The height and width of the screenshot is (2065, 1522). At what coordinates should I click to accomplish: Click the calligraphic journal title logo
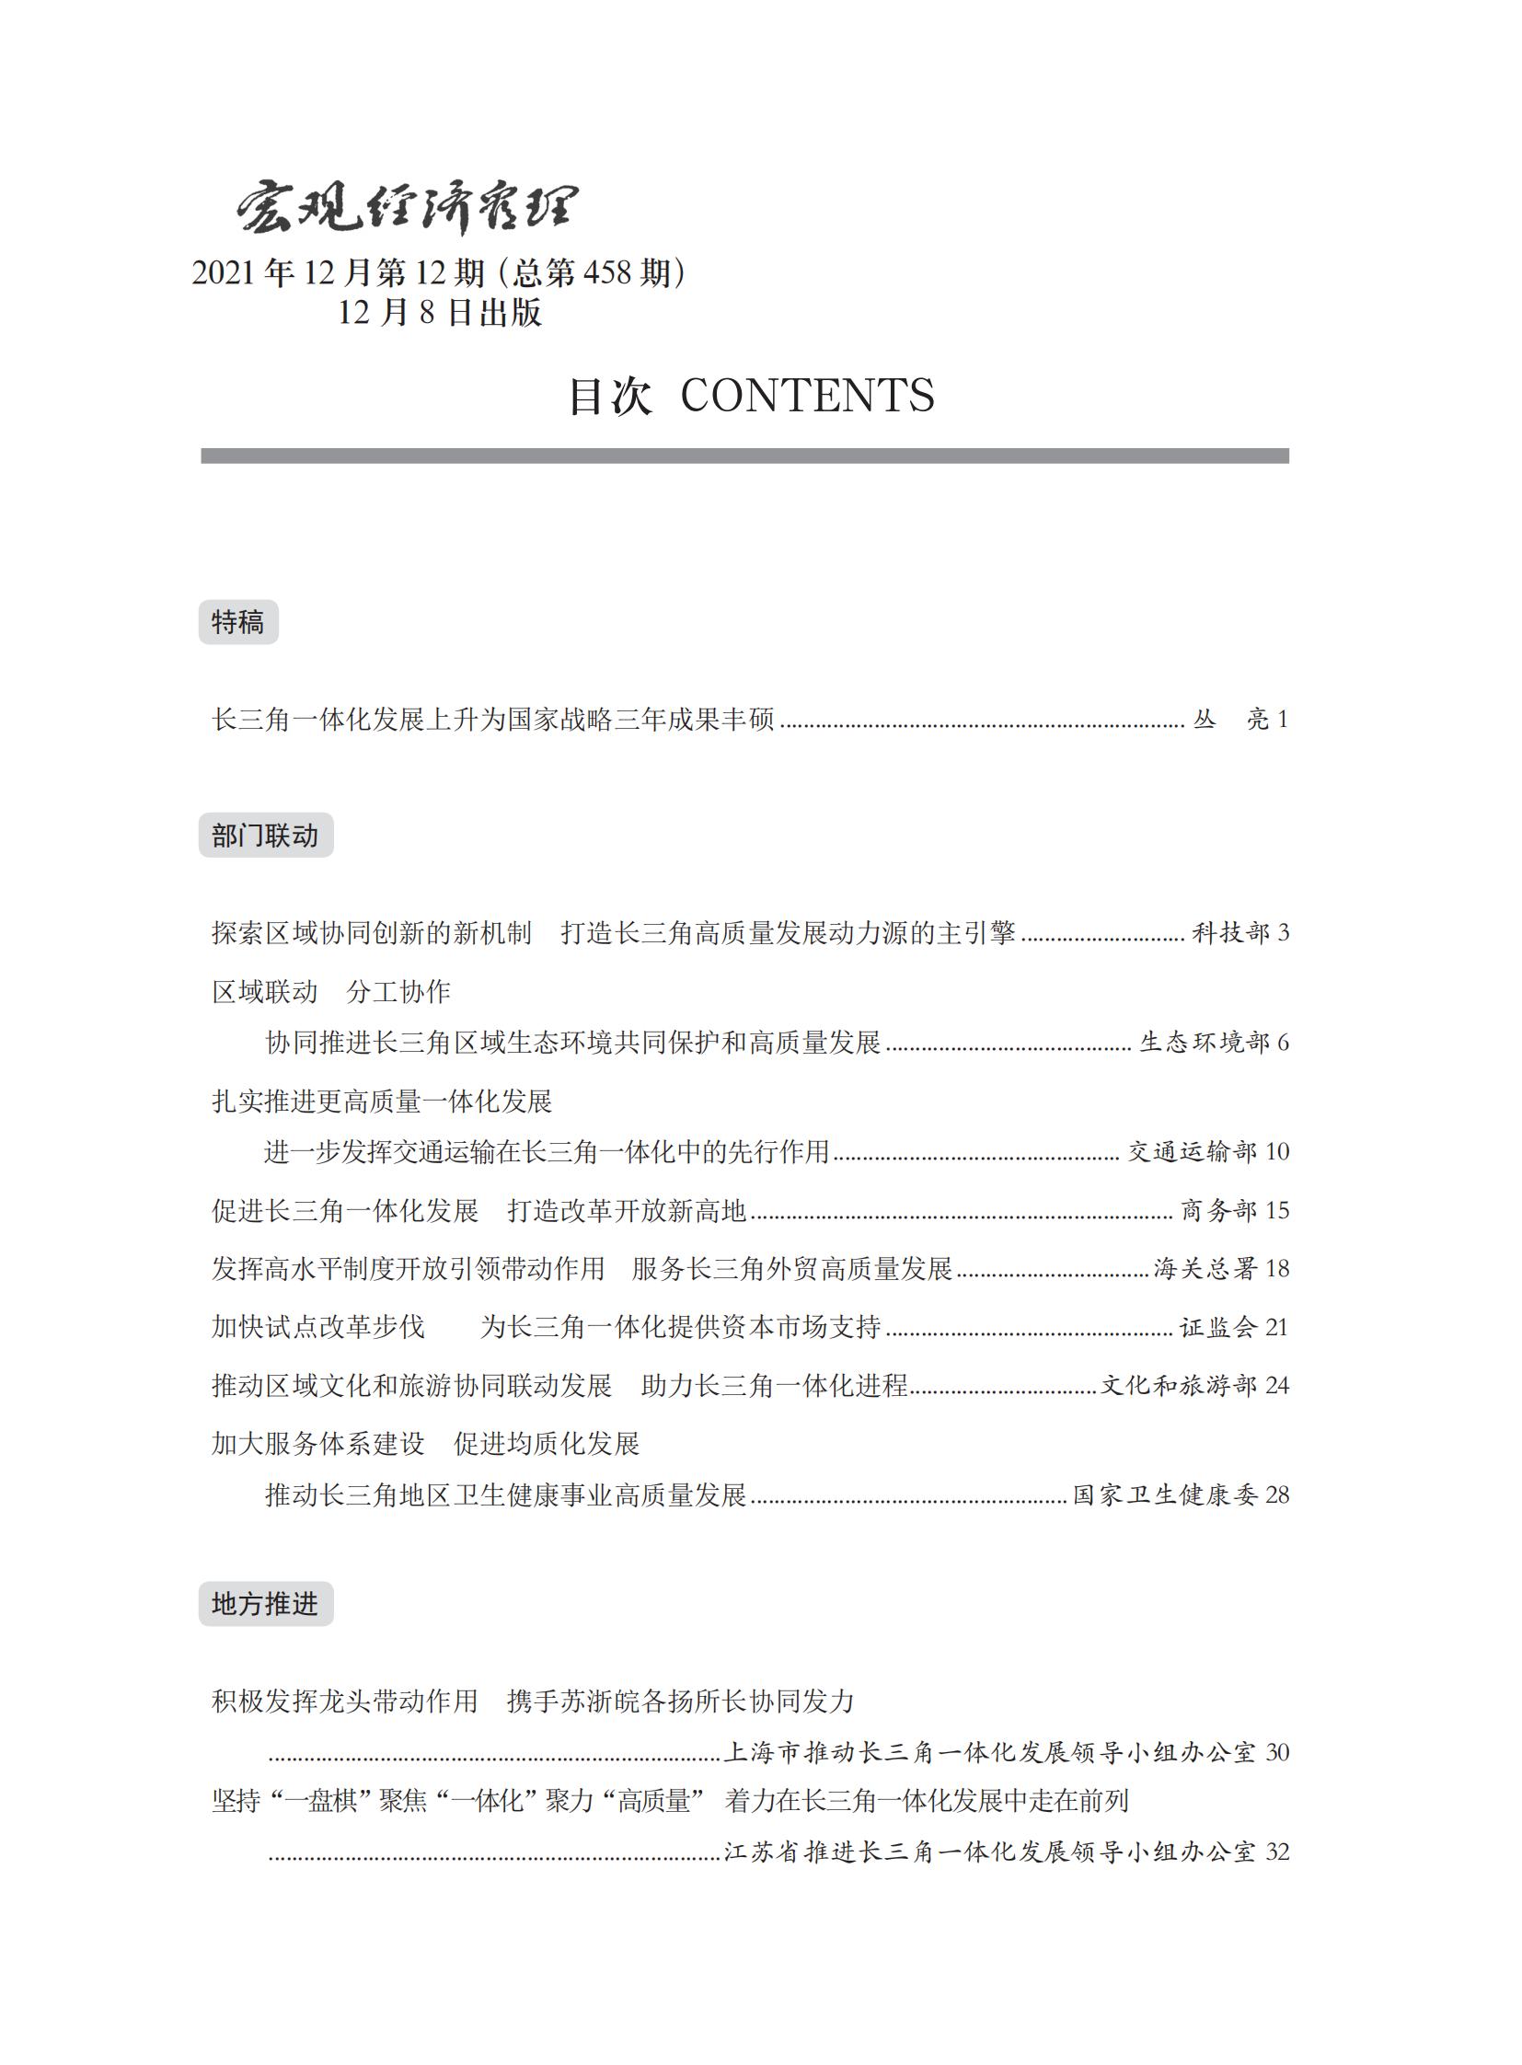tap(408, 206)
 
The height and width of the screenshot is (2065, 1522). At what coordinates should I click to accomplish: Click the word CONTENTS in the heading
tap(807, 397)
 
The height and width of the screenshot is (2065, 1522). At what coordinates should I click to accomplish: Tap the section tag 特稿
tap(237, 622)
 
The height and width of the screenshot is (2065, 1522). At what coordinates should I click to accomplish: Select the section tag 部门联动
tap(265, 836)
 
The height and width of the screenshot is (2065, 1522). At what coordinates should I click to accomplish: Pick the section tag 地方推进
tap(265, 1604)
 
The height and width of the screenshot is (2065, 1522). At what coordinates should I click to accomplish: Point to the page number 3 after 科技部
tap(1284, 932)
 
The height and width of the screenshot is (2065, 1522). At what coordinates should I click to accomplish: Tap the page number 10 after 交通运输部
tap(1277, 1152)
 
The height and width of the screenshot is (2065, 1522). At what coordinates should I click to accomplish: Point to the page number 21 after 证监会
tap(1277, 1328)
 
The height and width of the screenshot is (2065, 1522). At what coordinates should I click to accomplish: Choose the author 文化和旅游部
tap(1179, 1386)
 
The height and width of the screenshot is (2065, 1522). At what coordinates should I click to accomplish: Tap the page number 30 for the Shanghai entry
tap(1277, 1752)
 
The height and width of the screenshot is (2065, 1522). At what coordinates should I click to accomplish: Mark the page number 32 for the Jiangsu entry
tap(1277, 1852)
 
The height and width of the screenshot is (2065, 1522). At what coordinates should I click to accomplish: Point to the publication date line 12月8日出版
tap(440, 313)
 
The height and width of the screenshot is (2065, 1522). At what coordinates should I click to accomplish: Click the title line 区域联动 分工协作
tap(330, 991)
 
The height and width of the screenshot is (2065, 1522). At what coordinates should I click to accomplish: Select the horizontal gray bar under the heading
tap(744, 456)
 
